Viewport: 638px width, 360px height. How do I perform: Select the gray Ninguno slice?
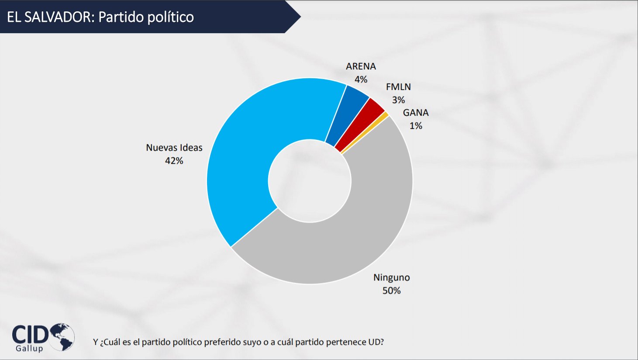[x=349, y=245]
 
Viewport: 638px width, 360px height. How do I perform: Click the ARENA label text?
[x=361, y=66]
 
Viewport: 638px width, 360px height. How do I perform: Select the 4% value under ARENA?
[x=361, y=80]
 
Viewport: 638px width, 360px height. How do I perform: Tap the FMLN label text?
[x=398, y=87]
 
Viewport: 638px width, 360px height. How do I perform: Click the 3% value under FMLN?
[x=398, y=100]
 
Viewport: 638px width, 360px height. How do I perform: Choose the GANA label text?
[x=416, y=113]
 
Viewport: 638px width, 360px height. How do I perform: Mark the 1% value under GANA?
[x=416, y=126]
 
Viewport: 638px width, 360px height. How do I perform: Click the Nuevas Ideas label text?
[x=174, y=148]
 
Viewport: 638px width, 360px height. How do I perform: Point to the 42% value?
[x=174, y=161]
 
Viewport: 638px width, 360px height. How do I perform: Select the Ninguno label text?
[x=391, y=277]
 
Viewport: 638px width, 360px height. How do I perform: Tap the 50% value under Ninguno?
[x=391, y=291]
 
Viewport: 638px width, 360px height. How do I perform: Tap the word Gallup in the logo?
[x=29, y=349]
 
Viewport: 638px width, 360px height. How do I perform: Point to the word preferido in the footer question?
[x=238, y=342]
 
